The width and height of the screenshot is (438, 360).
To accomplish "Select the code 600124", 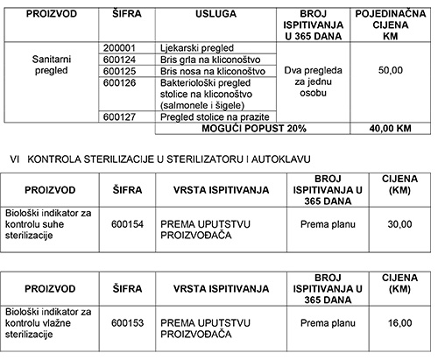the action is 121,60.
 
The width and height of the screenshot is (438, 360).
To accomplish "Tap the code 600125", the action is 121,70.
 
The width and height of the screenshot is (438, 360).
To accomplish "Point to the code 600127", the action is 121,116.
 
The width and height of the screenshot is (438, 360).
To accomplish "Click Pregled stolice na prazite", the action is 210,116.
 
